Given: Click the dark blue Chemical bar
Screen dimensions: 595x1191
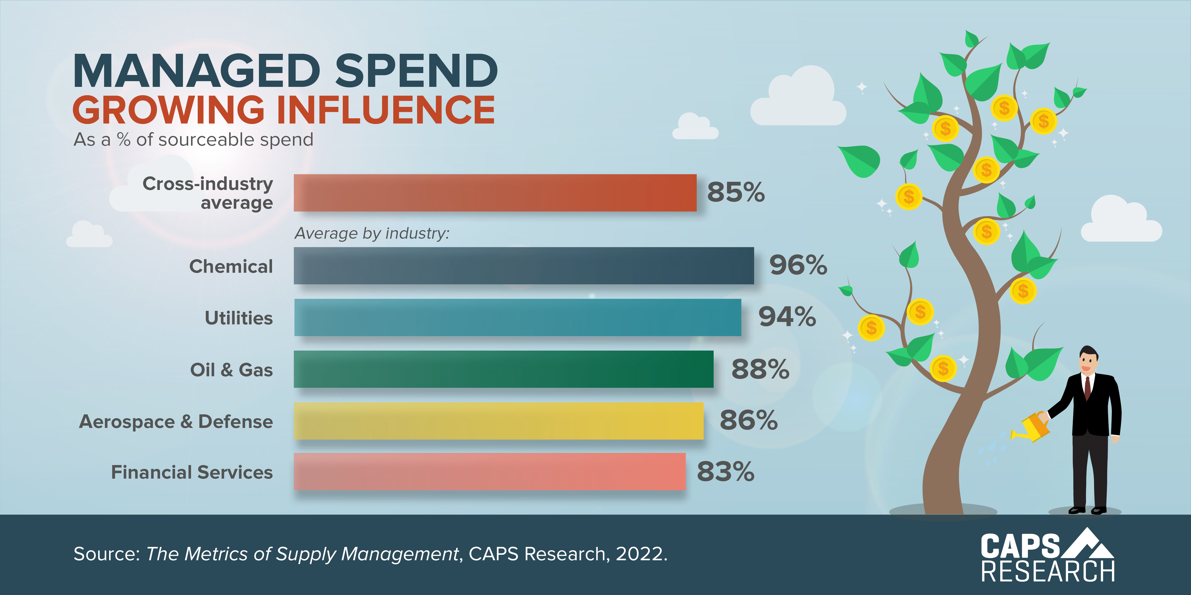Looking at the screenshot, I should pyautogui.click(x=523, y=266).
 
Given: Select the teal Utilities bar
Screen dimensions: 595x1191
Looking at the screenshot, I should pyautogui.click(x=517, y=317).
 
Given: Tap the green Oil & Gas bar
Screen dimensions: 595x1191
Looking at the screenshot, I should pyautogui.click(x=504, y=369).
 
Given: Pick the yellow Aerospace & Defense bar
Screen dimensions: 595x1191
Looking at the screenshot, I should pyautogui.click(x=498, y=421).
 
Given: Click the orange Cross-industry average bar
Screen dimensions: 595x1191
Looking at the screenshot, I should pyautogui.click(x=495, y=193).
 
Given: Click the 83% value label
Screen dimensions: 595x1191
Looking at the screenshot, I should pyautogui.click(x=725, y=472).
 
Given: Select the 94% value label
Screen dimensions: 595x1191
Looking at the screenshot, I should pyautogui.click(x=787, y=317).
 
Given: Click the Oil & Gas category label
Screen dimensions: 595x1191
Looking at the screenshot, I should pyautogui.click(x=231, y=370).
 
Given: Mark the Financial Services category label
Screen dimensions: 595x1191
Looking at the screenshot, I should pyautogui.click(x=192, y=472).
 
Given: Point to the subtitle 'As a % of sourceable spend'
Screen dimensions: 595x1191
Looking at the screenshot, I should pyautogui.click(x=193, y=139).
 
